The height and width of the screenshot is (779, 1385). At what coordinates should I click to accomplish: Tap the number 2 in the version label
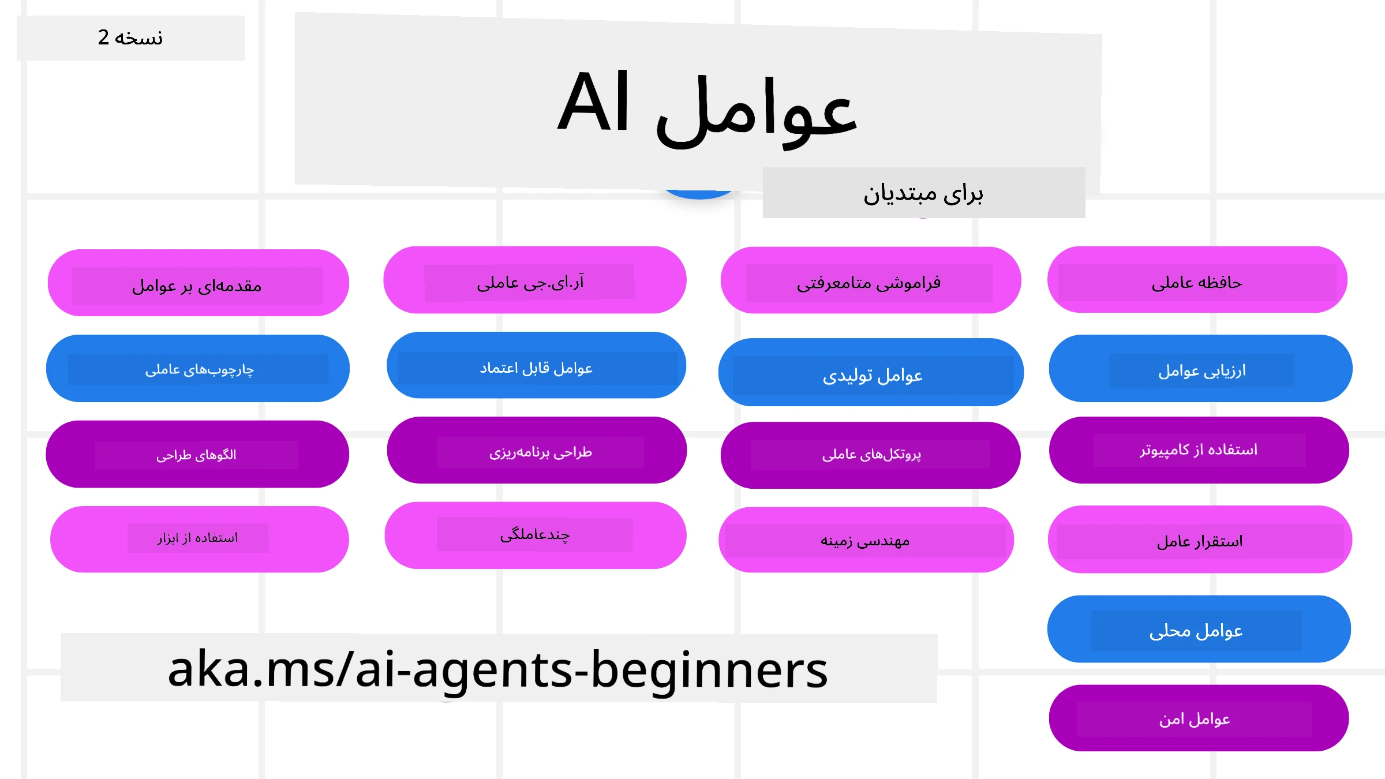(103, 38)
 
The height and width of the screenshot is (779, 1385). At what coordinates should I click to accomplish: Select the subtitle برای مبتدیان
(923, 193)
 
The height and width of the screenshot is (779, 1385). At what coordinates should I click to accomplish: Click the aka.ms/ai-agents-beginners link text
(497, 669)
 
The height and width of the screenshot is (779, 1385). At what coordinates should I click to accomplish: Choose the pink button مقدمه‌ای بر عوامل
(198, 283)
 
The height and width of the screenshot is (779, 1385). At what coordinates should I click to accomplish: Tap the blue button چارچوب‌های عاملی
(198, 369)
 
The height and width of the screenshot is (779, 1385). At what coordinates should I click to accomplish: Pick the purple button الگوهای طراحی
(197, 455)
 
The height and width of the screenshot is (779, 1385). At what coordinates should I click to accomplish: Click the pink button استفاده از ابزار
(199, 539)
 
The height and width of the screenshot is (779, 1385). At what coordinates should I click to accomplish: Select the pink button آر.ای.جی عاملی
(534, 280)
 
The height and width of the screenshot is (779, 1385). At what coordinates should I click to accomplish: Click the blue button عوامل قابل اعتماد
(536, 366)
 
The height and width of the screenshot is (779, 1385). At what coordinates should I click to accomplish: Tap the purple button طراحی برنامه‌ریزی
(537, 451)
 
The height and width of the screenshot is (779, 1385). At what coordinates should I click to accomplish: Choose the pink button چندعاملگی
(535, 535)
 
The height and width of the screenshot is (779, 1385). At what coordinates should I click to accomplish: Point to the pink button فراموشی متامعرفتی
(870, 281)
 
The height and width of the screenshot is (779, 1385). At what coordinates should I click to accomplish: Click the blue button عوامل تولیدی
(871, 373)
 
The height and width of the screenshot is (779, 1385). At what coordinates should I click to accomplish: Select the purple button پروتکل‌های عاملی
(870, 455)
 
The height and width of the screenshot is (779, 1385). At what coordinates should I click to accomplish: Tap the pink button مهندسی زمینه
(866, 540)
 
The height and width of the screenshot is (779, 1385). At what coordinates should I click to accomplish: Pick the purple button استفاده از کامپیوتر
(1199, 450)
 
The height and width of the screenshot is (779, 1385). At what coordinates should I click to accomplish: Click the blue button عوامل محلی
(1199, 630)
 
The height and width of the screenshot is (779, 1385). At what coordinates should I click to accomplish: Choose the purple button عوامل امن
(1199, 718)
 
